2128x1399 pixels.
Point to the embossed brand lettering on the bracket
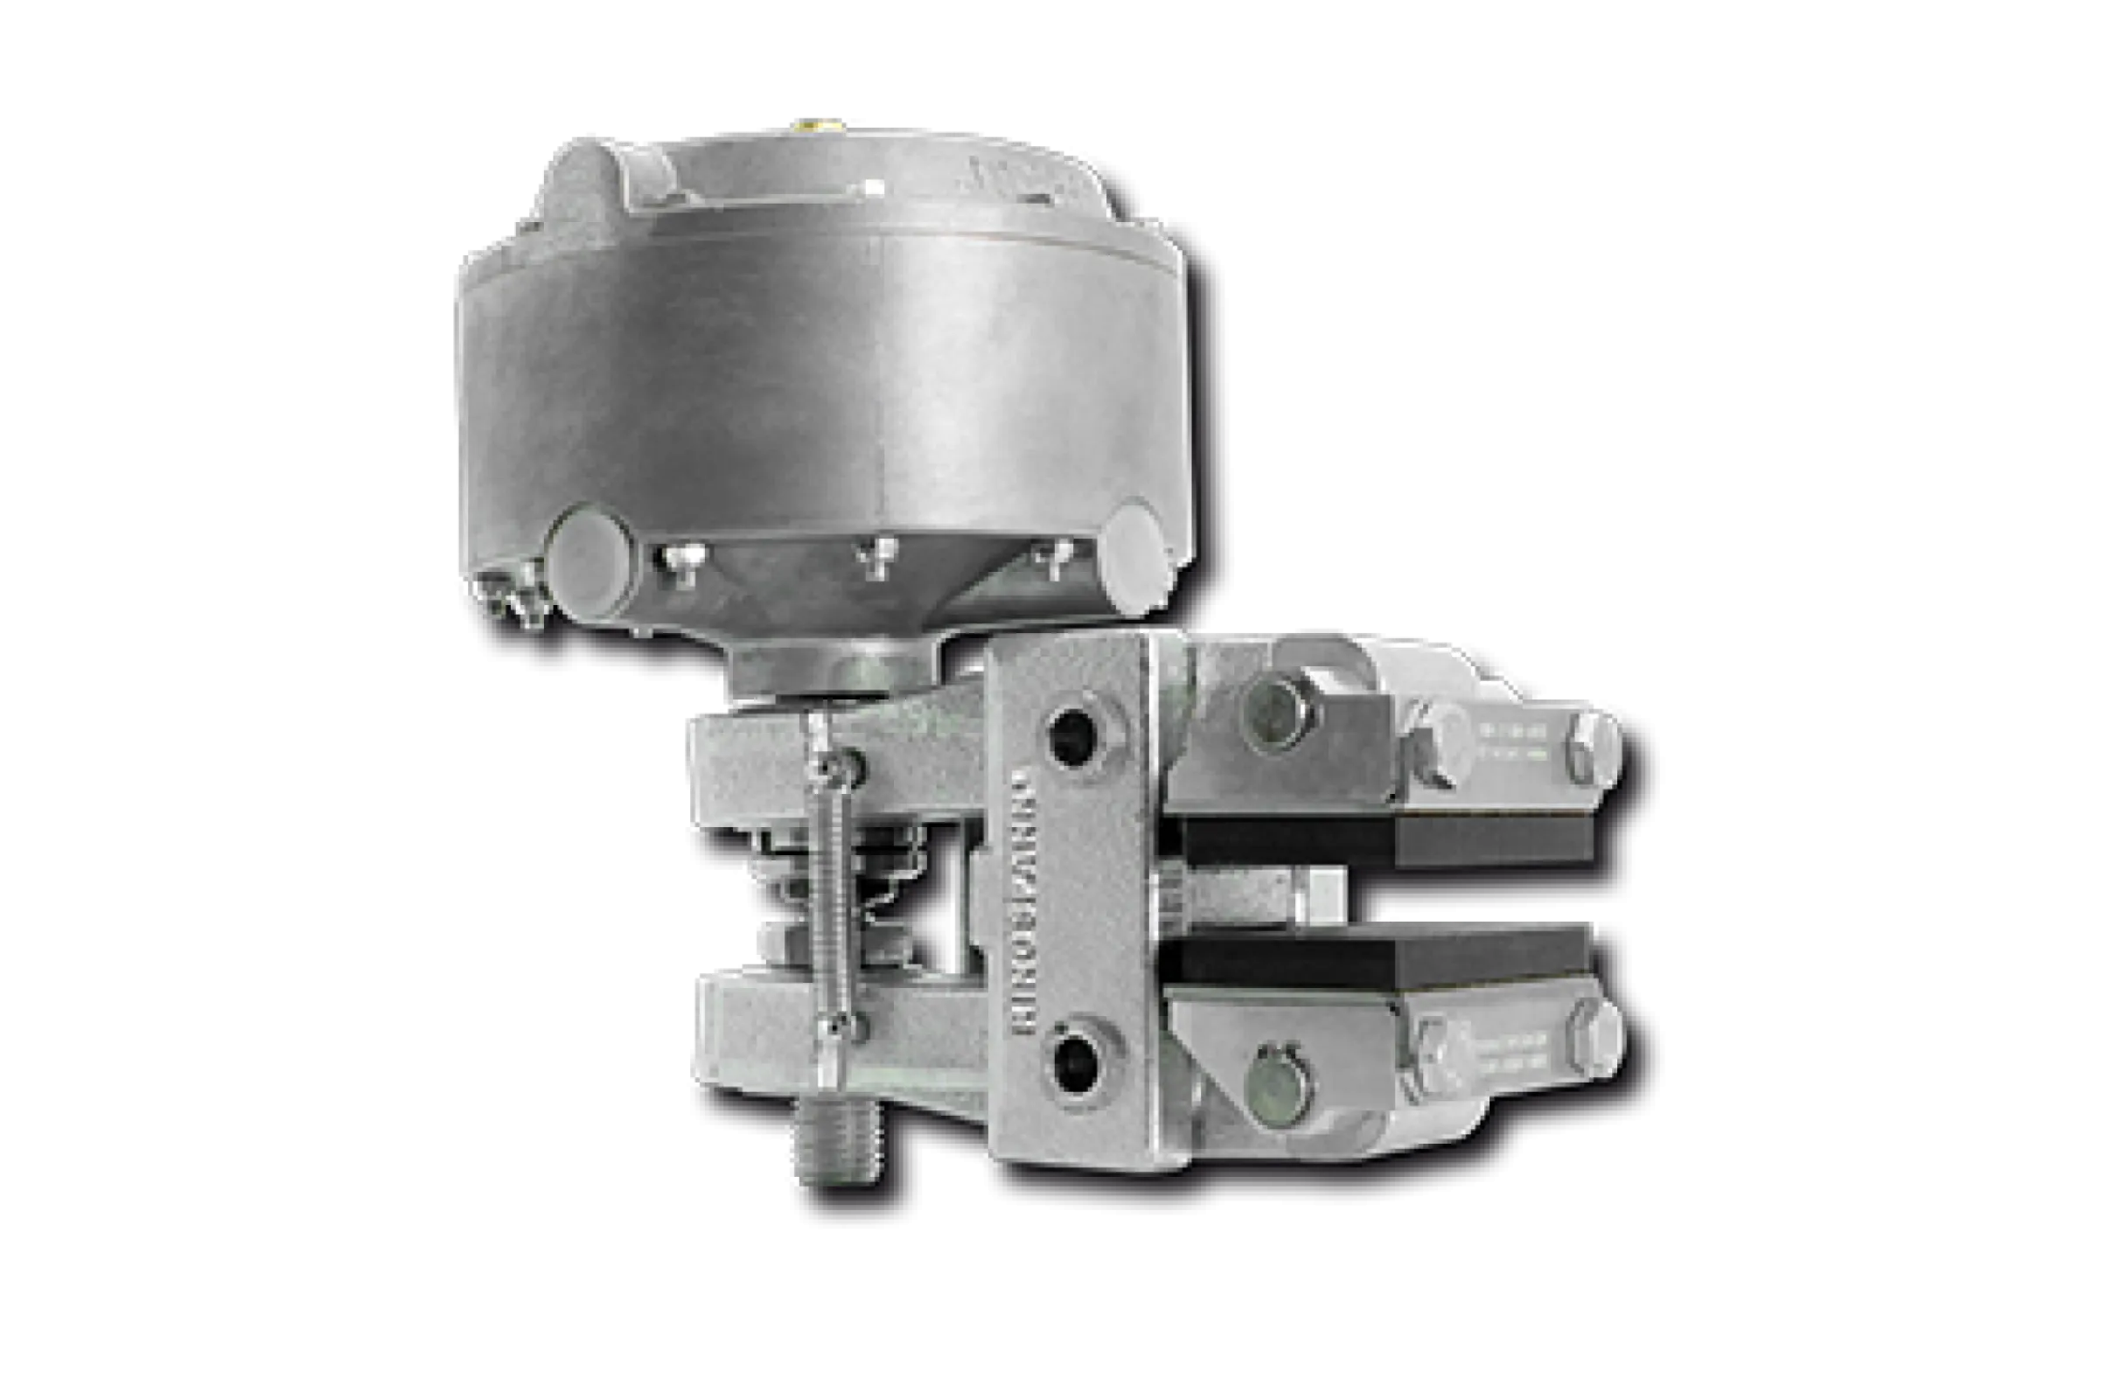[x=1036, y=903]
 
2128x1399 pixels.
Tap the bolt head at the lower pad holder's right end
[x=1595, y=1037]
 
